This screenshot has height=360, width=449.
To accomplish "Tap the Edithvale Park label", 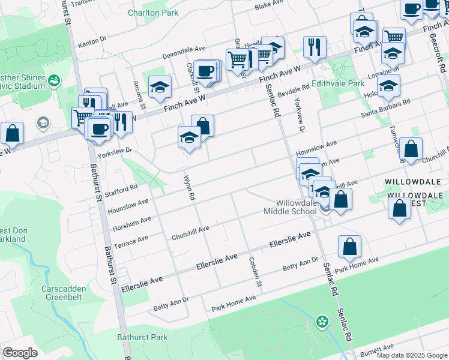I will [338, 83].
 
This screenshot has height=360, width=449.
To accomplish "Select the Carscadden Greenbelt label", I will [64, 293].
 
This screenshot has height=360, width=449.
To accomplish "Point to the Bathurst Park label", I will [142, 337].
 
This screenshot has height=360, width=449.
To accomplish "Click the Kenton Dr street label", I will [92, 41].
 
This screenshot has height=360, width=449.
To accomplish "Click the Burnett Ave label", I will [378, 347].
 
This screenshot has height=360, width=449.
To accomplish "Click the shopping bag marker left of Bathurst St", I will [11, 133].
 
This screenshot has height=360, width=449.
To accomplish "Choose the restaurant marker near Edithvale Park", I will [314, 46].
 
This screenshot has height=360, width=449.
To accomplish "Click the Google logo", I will [20, 352].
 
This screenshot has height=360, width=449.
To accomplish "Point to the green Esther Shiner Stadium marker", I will [55, 79].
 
